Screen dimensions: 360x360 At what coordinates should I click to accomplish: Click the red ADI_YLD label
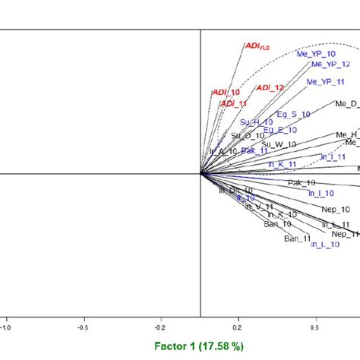pos(257,46)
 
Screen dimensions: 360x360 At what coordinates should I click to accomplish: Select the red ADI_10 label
pos(226,92)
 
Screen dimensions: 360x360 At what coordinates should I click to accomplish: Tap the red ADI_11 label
pos(229,103)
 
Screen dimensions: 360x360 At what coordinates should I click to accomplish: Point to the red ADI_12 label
pos(270,88)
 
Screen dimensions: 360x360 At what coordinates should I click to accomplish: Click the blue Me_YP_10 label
pos(318,54)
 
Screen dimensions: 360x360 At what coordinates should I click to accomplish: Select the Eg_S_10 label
pos(293,114)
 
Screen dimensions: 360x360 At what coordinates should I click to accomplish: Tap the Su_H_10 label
pos(256,122)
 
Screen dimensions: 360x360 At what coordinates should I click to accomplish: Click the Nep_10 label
pos(335,209)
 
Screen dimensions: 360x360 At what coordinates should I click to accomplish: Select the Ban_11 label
pos(298,238)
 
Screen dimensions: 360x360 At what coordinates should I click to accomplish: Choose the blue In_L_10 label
pos(326,244)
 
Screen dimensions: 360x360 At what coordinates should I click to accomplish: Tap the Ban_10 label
pos(276,224)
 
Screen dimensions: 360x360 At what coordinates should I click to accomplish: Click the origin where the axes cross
pos(201,173)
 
